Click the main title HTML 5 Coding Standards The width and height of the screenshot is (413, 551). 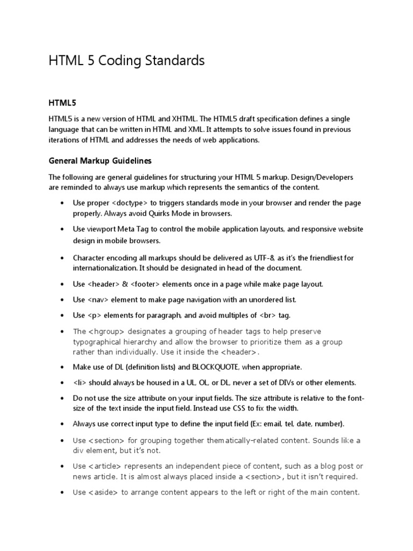pos(126,61)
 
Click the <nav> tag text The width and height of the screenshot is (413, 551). pos(97,300)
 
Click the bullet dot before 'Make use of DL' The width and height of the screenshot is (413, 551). pos(62,368)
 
